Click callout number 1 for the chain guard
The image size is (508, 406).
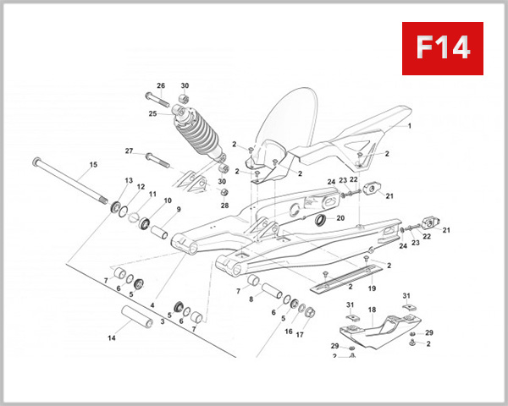click(409, 126)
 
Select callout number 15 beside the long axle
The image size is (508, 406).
click(93, 165)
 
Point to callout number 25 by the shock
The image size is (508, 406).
click(153, 113)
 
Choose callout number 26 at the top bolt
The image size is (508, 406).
click(161, 85)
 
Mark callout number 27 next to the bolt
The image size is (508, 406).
click(130, 151)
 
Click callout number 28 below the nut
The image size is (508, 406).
click(225, 206)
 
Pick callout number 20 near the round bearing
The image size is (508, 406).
click(340, 217)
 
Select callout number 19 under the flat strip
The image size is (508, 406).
click(371, 288)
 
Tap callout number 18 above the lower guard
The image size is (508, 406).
click(372, 310)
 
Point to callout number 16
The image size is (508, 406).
click(289, 332)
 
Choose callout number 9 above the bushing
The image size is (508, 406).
click(178, 209)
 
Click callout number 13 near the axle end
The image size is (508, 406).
click(129, 181)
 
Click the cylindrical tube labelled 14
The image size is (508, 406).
click(135, 322)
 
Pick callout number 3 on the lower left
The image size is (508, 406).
click(163, 321)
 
